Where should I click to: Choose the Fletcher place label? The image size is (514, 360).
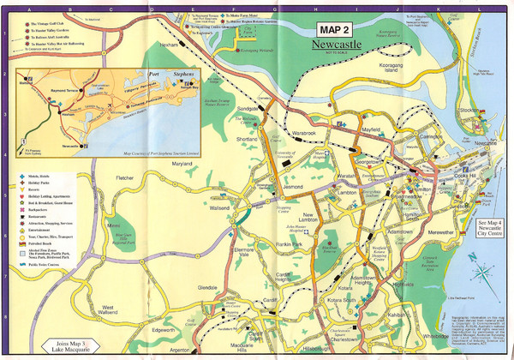click(x=125, y=178)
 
